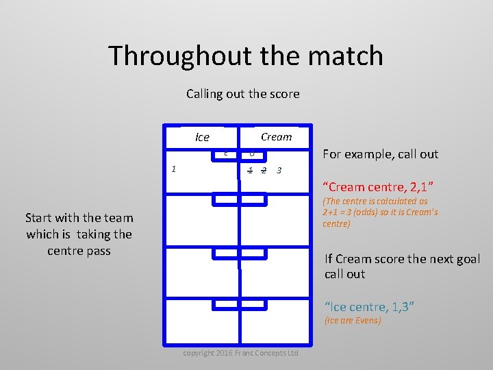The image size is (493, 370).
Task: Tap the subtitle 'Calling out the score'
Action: (x=242, y=94)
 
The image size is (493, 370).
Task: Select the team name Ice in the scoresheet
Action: (x=202, y=137)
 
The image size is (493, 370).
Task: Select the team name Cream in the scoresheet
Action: (x=276, y=136)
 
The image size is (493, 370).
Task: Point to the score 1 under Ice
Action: (x=175, y=169)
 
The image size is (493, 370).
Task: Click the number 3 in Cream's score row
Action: (x=278, y=170)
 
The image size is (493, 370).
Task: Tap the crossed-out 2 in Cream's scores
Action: (x=264, y=170)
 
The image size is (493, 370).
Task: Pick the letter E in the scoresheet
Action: (x=225, y=153)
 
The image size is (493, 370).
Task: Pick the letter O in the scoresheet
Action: (x=251, y=153)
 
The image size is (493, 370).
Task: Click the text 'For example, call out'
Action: (x=380, y=154)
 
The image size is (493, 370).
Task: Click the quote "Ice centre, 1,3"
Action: (x=369, y=307)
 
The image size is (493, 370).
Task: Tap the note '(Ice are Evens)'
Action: (x=353, y=321)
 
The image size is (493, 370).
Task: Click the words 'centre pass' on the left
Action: (x=79, y=251)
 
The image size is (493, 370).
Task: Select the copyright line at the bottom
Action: (x=240, y=353)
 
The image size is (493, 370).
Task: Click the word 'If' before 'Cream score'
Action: (x=329, y=259)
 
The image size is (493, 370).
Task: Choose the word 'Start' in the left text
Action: (x=40, y=218)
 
